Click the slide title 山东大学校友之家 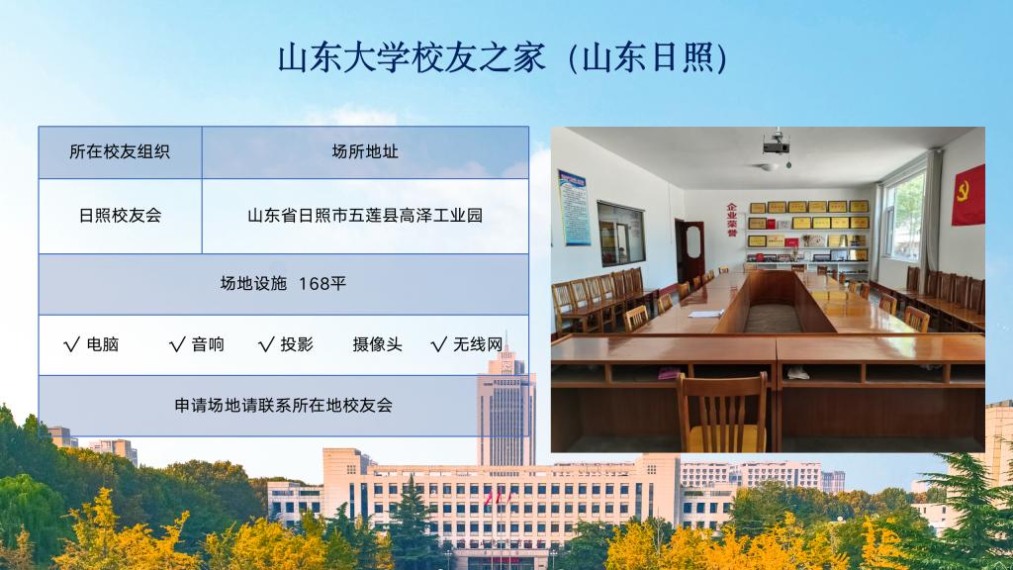point(412,57)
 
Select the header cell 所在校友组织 point(120,151)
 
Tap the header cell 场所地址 point(365,151)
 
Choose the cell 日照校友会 point(120,215)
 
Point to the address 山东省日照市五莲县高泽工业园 point(365,215)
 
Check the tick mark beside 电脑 point(71,344)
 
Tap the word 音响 point(208,344)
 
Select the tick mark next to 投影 point(266,344)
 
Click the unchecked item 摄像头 point(377,344)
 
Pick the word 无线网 point(478,344)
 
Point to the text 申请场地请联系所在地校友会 point(284,405)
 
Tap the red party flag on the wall point(968,195)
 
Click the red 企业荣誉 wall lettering point(731,221)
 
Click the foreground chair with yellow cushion point(721,413)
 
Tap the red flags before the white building point(498,498)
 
